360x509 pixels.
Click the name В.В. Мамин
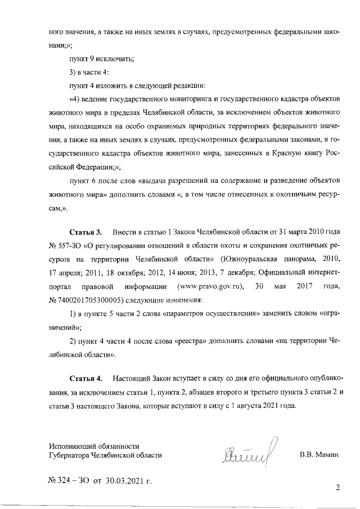320,454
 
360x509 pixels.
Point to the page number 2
337,488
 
